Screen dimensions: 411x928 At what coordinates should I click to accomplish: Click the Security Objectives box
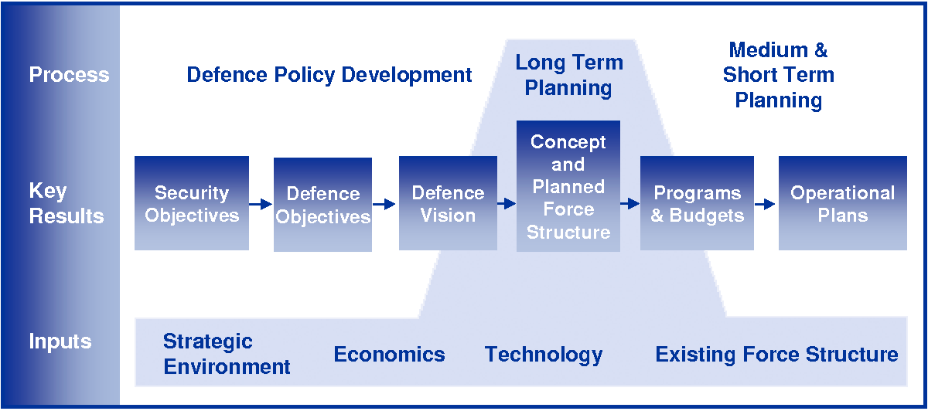192,203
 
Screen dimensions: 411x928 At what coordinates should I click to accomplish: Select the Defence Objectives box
322,205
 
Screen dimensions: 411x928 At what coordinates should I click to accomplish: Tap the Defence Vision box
448,203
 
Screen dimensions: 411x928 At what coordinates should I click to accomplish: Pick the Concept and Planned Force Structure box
568,186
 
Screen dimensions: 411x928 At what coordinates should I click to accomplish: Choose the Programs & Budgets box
697,203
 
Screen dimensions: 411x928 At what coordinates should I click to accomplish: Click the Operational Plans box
842,203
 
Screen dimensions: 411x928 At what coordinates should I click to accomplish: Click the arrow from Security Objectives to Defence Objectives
261,204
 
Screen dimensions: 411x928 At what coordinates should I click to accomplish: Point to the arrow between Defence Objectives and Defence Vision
385,204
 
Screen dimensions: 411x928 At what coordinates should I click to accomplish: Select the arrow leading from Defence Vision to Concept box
507,204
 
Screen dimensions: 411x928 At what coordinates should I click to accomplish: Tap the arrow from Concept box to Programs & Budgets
630,204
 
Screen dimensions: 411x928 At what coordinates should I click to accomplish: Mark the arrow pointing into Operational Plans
766,204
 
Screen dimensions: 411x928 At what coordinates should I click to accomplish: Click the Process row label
69,75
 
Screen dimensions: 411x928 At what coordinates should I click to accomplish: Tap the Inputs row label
60,341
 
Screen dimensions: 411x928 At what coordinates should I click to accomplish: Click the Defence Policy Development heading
329,75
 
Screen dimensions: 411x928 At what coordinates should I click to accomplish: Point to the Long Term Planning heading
569,75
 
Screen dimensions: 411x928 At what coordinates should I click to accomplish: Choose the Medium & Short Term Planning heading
778,75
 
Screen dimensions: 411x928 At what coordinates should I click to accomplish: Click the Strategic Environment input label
227,354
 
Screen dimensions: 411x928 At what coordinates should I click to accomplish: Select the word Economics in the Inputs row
389,355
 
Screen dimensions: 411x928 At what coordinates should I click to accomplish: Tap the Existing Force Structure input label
776,355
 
